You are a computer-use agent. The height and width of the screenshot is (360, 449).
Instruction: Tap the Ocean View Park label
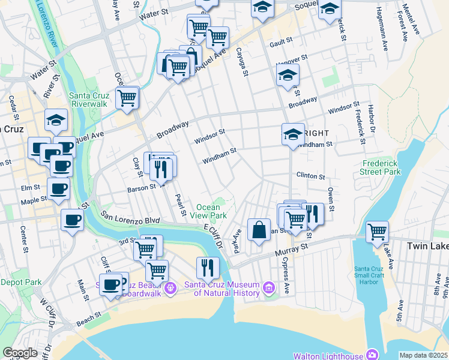[x=211, y=211]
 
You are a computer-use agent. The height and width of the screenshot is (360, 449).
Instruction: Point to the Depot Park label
[x=20, y=281]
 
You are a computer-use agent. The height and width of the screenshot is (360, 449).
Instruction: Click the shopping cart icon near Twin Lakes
[x=377, y=231]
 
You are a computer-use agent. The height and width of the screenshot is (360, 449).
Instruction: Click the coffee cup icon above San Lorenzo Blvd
[x=72, y=220]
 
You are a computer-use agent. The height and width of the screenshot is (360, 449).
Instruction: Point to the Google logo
[x=20, y=353]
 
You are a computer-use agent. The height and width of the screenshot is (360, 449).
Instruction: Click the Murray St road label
[x=295, y=246]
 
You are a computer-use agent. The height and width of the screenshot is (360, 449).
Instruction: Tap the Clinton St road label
[x=310, y=176]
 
